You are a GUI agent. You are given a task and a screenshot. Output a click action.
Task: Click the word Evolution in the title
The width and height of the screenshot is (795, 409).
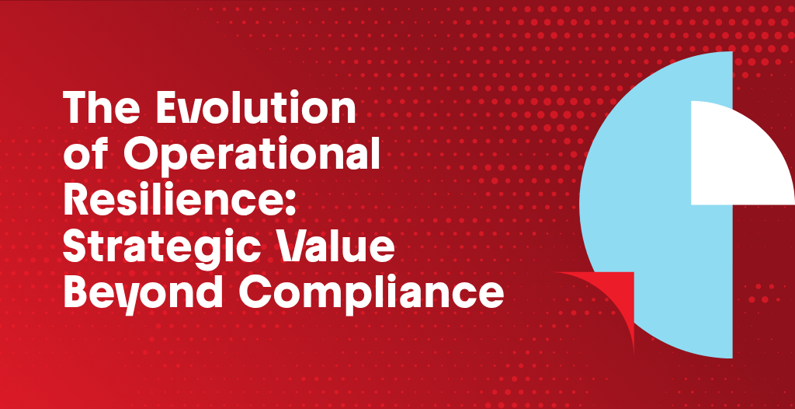point(255,109)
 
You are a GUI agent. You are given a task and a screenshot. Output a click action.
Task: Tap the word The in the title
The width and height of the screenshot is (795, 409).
point(103,109)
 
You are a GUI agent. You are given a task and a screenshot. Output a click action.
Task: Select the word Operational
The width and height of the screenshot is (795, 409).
point(252,156)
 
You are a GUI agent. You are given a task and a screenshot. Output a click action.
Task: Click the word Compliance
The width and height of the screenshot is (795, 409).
point(370,293)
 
